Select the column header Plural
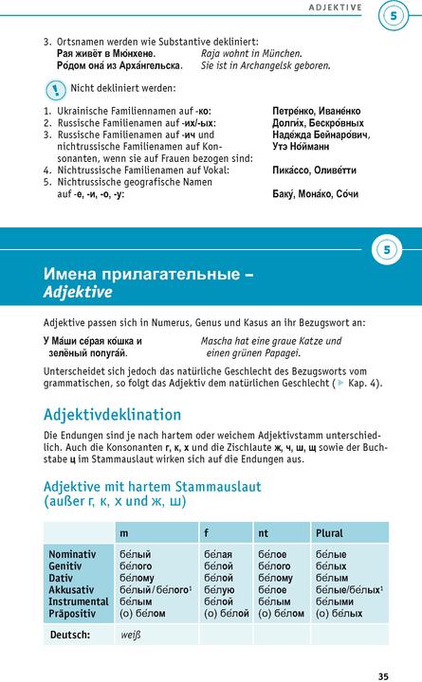tap(329, 533)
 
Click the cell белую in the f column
tap(218, 588)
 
